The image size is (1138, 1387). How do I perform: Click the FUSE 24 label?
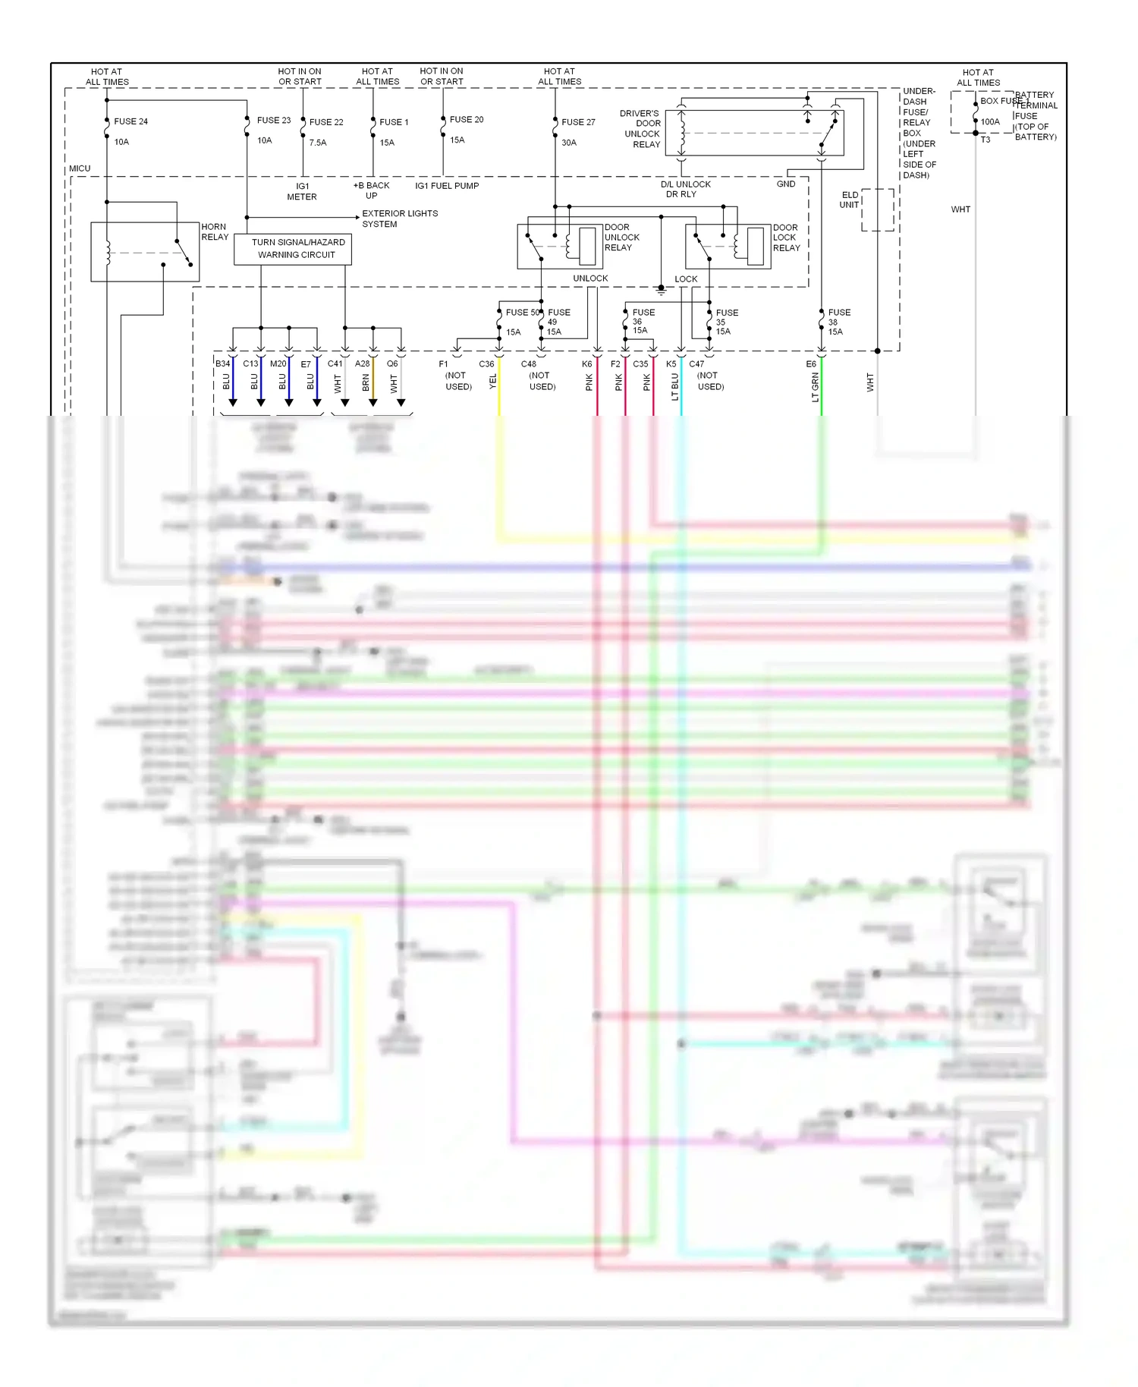(x=130, y=121)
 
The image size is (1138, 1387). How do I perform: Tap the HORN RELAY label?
(x=215, y=232)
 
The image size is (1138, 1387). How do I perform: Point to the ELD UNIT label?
(x=850, y=200)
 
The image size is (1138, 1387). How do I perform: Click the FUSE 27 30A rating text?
(x=569, y=143)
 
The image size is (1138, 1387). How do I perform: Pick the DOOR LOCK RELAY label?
(x=786, y=237)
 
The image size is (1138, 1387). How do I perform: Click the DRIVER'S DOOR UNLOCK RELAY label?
(x=641, y=129)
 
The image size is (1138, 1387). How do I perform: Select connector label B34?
(x=222, y=364)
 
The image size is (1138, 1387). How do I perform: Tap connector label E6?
(x=811, y=364)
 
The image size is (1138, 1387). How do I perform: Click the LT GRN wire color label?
(x=816, y=387)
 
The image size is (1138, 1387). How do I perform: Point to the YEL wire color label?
(x=493, y=382)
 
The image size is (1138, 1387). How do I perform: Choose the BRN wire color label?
(x=366, y=383)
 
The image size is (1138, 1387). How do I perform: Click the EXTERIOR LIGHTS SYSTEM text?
(x=400, y=219)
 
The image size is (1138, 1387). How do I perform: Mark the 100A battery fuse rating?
(x=990, y=121)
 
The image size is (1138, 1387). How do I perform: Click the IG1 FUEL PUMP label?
(x=447, y=186)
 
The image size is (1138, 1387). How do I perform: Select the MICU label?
(x=80, y=168)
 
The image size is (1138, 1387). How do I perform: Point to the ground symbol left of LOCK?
(x=661, y=289)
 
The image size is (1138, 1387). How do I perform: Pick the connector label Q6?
(x=392, y=364)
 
